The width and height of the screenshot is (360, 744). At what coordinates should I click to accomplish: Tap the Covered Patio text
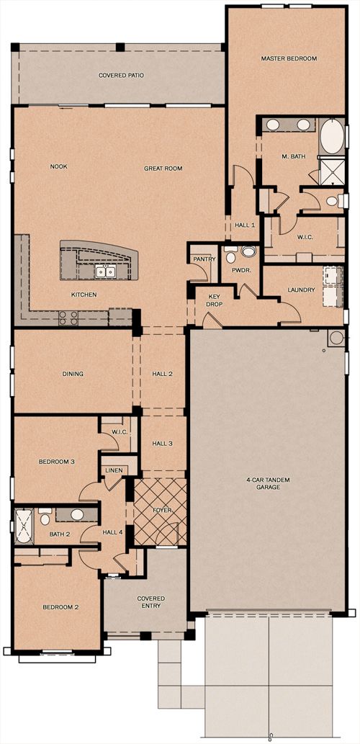coord(121,75)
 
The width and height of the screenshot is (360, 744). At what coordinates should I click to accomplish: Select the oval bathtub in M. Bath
coord(332,136)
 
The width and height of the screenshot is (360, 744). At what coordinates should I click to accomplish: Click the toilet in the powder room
coord(230,256)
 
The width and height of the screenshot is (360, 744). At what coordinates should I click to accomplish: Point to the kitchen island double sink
coord(106,272)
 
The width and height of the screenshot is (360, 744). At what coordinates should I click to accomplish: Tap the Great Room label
coord(163,168)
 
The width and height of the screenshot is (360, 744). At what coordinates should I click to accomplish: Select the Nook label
coord(59,166)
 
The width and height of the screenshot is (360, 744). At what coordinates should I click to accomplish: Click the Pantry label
coord(204,259)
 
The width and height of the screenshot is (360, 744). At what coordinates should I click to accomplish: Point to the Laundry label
coord(301,290)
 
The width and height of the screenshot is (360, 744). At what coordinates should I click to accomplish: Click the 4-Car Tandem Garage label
coord(268,483)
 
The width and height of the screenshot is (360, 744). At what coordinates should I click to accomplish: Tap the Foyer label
coord(162,510)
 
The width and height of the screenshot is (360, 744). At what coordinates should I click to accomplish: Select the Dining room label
coord(73,374)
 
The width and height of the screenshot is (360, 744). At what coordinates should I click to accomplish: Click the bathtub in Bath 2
coord(24,526)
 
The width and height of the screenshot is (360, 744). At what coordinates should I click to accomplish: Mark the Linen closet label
coord(114,470)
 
